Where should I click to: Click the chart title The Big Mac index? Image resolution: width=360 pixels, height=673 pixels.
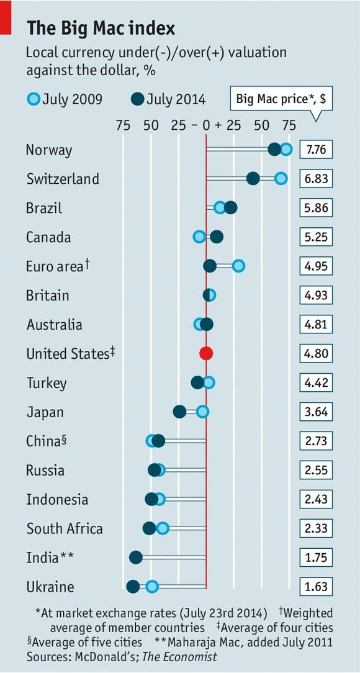pyautogui.click(x=101, y=28)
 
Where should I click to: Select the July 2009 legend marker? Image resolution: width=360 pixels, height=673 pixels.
pyautogui.click(x=34, y=99)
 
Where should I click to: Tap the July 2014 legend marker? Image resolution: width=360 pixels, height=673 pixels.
pyautogui.click(x=138, y=99)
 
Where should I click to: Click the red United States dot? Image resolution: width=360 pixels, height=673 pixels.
pyautogui.click(x=206, y=353)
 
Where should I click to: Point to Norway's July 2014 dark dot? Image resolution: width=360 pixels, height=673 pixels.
pyautogui.click(x=274, y=149)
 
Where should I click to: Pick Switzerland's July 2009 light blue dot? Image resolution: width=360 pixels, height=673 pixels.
pyautogui.click(x=281, y=179)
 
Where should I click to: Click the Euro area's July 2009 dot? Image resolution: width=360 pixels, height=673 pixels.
pyautogui.click(x=238, y=266)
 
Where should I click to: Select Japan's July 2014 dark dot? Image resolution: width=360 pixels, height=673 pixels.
pyautogui.click(x=179, y=411)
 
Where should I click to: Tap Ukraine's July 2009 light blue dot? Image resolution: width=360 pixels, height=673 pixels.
pyautogui.click(x=152, y=586)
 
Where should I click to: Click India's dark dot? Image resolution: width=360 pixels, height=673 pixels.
pyautogui.click(x=135, y=557)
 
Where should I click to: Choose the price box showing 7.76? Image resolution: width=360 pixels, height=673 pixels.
pyautogui.click(x=316, y=150)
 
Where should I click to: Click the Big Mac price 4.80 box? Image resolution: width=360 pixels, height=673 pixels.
pyautogui.click(x=316, y=354)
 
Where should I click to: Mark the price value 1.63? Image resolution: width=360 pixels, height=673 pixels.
pyautogui.click(x=316, y=587)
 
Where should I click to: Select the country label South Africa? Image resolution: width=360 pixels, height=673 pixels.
pyautogui.click(x=65, y=528)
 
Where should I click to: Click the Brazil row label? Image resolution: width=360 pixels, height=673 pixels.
pyautogui.click(x=44, y=208)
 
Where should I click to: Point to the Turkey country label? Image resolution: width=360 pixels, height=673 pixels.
pyautogui.click(x=46, y=383)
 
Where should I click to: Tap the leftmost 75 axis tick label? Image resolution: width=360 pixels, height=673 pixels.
pyautogui.click(x=123, y=125)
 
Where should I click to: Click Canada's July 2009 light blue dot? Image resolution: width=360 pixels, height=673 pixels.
pyautogui.click(x=199, y=237)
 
